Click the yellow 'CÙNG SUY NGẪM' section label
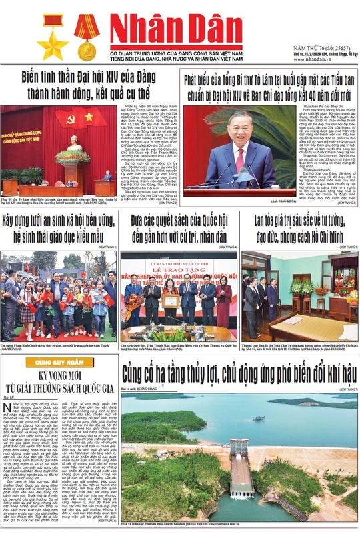coord(60,362)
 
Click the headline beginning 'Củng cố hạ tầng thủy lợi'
coord(240,370)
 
